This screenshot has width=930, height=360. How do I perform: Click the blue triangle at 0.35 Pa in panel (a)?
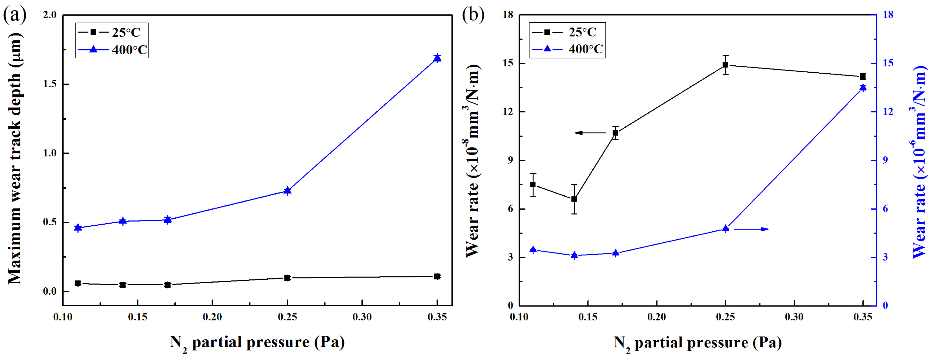[x=437, y=58]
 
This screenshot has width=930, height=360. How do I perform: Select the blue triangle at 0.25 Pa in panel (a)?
[x=287, y=191]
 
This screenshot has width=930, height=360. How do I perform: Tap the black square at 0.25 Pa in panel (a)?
[x=287, y=278]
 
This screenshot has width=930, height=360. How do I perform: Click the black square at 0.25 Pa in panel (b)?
[x=725, y=65]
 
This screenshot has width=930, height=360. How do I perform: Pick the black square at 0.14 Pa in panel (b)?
[x=574, y=199]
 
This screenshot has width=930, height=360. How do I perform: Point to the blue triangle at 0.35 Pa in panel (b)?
[x=863, y=88]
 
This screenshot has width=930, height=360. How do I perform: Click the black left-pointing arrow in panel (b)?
[x=590, y=133]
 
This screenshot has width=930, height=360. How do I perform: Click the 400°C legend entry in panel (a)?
[x=112, y=49]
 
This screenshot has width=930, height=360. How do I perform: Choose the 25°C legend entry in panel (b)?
[x=567, y=32]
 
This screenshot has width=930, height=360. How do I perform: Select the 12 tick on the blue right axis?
[x=888, y=112]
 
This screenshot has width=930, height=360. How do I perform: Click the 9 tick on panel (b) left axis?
[x=510, y=160]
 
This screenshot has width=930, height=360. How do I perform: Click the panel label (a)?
[x=14, y=15]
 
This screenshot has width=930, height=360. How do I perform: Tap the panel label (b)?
[x=473, y=15]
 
